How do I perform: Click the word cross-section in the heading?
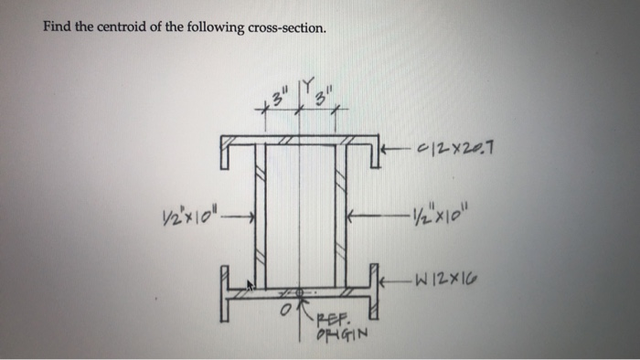(283, 27)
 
